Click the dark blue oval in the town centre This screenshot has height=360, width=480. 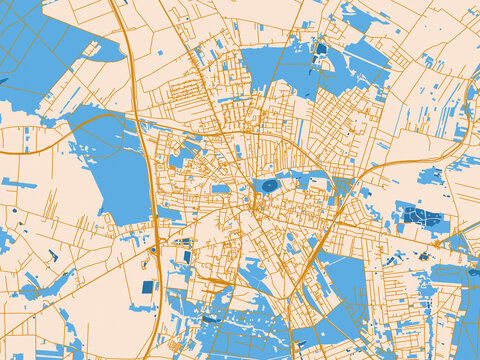[x=269, y=185]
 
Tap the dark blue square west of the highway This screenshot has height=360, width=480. [x=148, y=287]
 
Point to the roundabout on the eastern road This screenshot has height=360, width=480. [x=436, y=243]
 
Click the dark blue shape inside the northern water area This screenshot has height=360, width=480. [x=321, y=48]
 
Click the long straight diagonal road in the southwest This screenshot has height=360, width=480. [x=60, y=300]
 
